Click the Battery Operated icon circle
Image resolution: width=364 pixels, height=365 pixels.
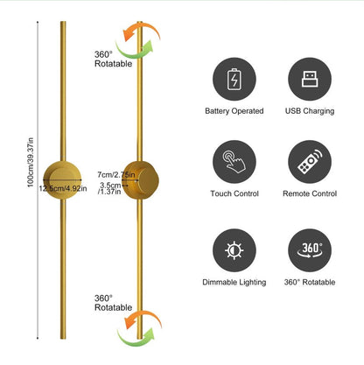(x=234, y=79)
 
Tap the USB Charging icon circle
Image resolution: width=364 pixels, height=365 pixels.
(x=310, y=79)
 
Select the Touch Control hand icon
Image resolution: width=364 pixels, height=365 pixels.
(x=234, y=162)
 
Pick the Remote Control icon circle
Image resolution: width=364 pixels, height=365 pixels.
(x=310, y=162)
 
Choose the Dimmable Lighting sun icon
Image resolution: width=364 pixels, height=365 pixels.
(x=234, y=250)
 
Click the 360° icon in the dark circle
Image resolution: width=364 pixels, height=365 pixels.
(x=310, y=249)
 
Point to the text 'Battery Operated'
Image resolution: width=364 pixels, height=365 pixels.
(x=234, y=111)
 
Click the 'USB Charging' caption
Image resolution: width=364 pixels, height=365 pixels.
(x=310, y=111)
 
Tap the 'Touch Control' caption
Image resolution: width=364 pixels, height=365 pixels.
(x=234, y=193)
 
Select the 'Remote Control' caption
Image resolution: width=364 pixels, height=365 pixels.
(x=310, y=193)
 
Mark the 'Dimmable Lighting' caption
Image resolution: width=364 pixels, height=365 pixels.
(x=234, y=283)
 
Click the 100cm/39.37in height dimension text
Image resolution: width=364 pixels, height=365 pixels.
(x=31, y=162)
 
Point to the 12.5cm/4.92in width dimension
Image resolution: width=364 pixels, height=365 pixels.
(x=63, y=188)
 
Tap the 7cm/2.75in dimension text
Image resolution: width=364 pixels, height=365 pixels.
(x=116, y=175)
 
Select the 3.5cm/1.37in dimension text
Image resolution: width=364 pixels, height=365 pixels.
(x=110, y=188)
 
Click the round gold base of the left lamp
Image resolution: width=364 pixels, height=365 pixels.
(x=62, y=180)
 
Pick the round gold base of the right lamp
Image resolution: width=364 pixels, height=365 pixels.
(x=141, y=180)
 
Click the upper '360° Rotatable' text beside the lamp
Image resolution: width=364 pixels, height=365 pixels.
(x=113, y=59)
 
